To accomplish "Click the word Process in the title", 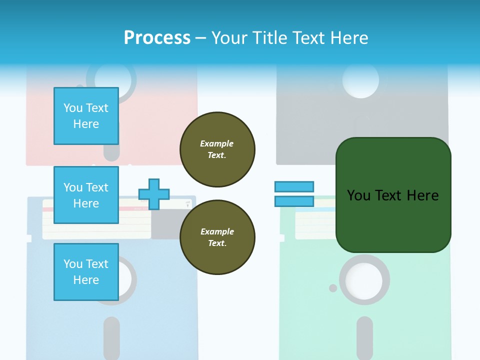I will (157, 38).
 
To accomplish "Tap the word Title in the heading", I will (268, 38).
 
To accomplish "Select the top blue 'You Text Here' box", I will (86, 116).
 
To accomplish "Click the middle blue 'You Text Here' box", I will (86, 195).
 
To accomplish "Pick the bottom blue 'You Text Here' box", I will (86, 272).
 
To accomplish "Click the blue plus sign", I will (154, 194).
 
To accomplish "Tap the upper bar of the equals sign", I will (294, 186).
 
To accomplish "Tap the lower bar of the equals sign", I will (294, 201).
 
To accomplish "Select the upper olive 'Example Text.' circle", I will (217, 149).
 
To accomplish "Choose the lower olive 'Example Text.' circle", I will (217, 237).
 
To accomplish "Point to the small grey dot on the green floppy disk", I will (333, 288).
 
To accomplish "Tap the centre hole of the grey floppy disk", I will (361, 81).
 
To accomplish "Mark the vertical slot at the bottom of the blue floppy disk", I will (111, 338).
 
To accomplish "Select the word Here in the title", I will (349, 38).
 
